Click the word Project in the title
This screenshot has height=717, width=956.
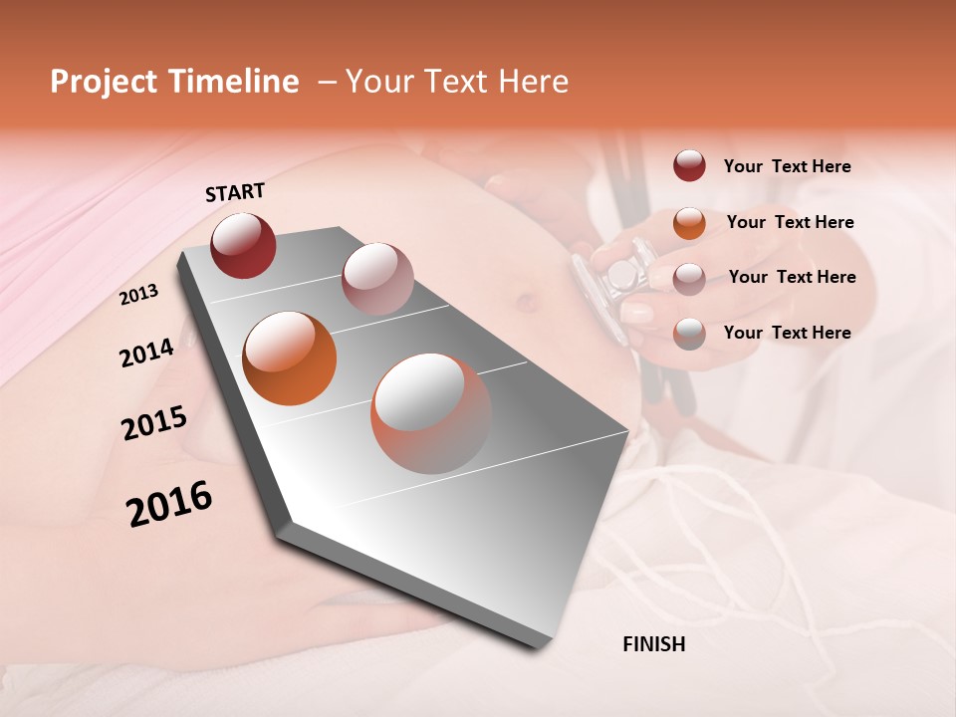tap(103, 83)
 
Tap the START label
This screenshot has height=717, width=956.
tap(235, 192)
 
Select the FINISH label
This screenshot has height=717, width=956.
tap(653, 644)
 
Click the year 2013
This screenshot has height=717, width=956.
tap(138, 295)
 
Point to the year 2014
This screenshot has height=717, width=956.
tap(146, 353)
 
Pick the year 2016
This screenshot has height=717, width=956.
tap(169, 504)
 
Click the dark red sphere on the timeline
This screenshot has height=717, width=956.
tap(243, 245)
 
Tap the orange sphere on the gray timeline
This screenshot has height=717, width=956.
tap(290, 358)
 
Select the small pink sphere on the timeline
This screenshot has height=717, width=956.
tap(376, 279)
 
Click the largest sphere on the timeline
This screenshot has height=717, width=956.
tap(431, 412)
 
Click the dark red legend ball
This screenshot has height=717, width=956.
tap(689, 166)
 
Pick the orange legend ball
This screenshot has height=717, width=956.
tap(689, 223)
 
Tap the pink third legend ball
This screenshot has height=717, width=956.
tap(689, 279)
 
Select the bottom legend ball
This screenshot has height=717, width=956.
tap(689, 334)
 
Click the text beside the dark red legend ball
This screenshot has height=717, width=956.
tap(787, 166)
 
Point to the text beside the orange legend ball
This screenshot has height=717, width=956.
tap(790, 222)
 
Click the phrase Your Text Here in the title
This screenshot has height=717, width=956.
tap(457, 82)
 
